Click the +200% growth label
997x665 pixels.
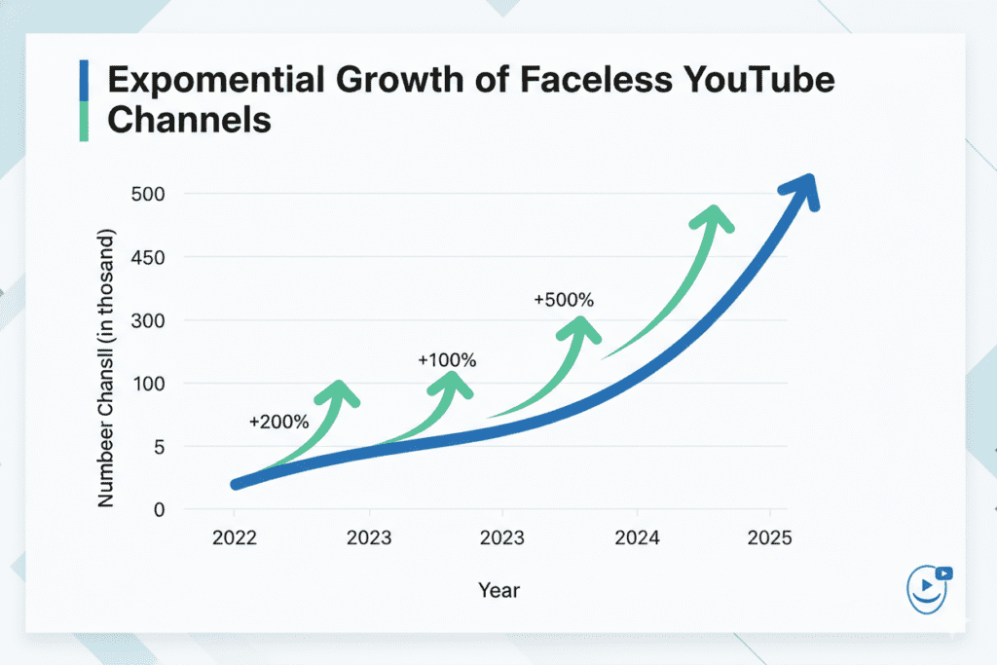point(278,423)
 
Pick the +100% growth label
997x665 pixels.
point(447,360)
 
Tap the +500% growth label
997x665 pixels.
point(563,301)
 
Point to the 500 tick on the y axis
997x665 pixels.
point(148,195)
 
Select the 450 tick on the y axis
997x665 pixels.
point(148,258)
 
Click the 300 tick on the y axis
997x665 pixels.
point(148,321)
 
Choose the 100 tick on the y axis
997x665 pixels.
point(148,384)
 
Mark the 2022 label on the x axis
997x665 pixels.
point(235,537)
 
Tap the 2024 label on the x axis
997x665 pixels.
point(637,537)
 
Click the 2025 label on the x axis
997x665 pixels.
point(770,537)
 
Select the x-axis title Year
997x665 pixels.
point(498,590)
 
